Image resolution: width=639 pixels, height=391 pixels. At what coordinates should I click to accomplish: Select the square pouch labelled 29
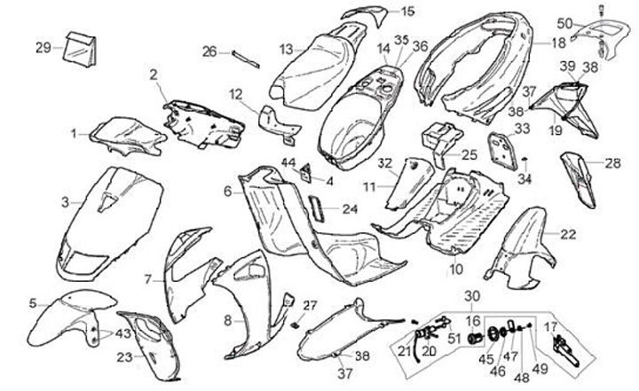pyautogui.click(x=79, y=51)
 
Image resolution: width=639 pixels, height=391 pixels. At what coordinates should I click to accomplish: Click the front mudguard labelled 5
pyautogui.click(x=62, y=315)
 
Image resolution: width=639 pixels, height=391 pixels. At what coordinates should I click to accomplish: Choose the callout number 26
pyautogui.click(x=209, y=51)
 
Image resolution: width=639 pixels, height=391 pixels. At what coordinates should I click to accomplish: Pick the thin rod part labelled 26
pyautogui.click(x=245, y=58)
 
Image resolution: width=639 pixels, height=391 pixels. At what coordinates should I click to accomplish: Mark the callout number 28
pyautogui.click(x=612, y=163)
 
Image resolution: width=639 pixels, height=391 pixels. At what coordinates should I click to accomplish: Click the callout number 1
pyautogui.click(x=75, y=133)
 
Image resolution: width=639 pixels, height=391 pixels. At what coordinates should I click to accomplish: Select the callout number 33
pyautogui.click(x=522, y=129)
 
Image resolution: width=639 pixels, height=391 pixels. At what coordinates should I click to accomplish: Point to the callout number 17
pyautogui.click(x=550, y=327)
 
